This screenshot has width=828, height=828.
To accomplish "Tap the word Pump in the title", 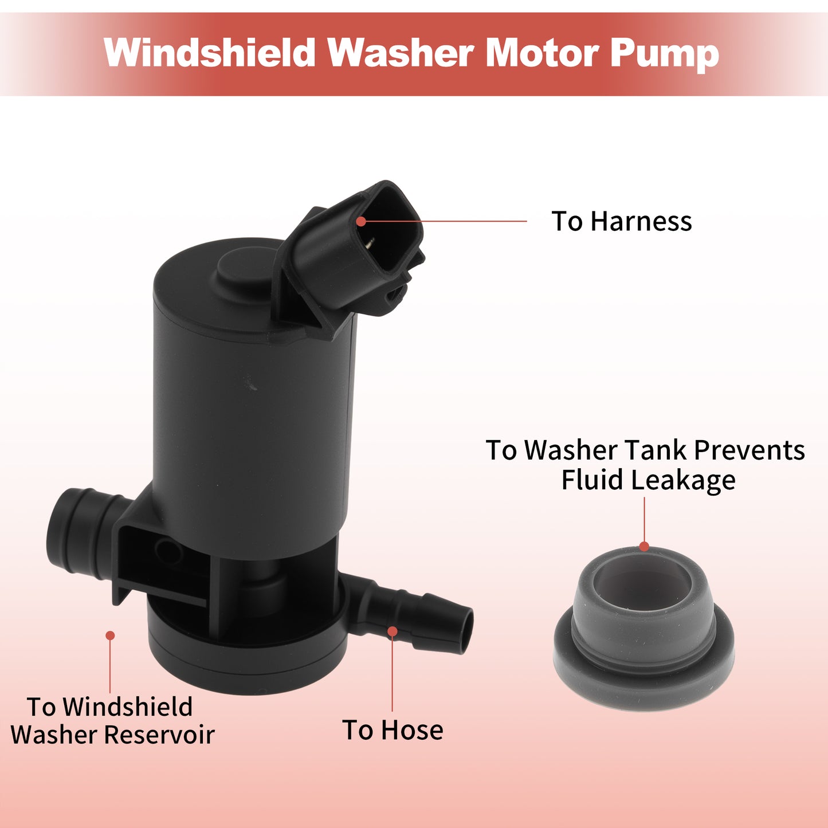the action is click(x=664, y=54).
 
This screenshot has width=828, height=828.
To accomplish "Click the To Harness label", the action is click(x=621, y=221).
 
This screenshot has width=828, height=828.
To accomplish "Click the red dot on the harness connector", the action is click(x=361, y=221).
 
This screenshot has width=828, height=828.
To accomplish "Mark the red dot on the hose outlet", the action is click(x=393, y=631).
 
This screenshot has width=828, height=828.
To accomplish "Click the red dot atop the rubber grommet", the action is click(x=644, y=547).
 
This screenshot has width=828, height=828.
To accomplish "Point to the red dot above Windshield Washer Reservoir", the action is click(x=110, y=635).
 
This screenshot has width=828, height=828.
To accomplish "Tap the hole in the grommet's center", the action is click(x=642, y=580).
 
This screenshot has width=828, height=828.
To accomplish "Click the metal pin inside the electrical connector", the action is click(x=369, y=242).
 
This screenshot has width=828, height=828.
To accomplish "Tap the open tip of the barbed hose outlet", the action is click(x=466, y=631).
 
